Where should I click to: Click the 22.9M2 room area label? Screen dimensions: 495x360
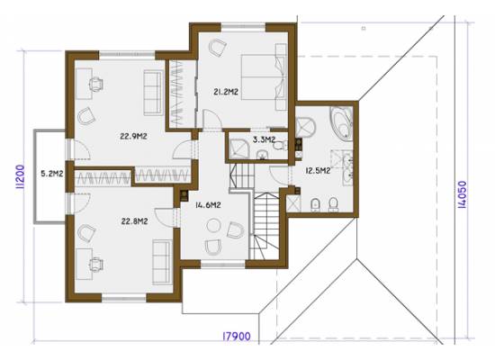coord(133,137)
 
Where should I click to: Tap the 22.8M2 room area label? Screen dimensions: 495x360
coord(134,221)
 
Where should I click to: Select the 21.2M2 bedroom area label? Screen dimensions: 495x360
coord(226,92)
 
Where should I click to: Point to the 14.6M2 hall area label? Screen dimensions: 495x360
coord(208,205)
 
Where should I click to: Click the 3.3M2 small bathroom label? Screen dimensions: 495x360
coord(265,139)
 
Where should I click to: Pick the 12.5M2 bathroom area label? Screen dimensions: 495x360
coord(318,171)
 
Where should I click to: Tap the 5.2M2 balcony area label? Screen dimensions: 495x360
coord(52,174)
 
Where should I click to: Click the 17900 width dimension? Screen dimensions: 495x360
coord(237,337)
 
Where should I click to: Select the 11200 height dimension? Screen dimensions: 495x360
coord(20,176)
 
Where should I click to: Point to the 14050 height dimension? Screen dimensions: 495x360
coord(462,194)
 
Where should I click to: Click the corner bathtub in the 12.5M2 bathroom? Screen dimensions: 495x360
coord(342,122)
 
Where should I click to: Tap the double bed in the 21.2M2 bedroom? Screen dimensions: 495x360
coord(264,77)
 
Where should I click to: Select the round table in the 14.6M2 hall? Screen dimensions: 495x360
coord(213,226)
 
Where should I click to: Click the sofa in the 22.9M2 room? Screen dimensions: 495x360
coord(153,93)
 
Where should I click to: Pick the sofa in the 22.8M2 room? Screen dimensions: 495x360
coord(162,262)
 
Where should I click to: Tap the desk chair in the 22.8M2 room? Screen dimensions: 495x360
coord(95,265)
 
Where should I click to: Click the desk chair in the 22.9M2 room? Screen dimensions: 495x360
coord(96,85)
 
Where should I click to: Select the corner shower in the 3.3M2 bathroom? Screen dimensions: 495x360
coord(238,149)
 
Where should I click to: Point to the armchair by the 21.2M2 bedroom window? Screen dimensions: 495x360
coord(217,47)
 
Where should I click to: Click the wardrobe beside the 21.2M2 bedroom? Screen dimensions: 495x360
coord(181,94)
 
